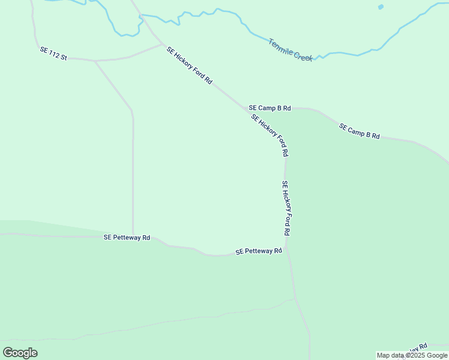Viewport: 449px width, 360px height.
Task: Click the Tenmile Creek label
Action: [x=291, y=50]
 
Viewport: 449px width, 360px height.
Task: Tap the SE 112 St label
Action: [x=53, y=53]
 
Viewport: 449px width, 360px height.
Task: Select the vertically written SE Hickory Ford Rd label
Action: [x=286, y=208]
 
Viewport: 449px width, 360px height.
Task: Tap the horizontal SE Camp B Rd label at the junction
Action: [x=270, y=108]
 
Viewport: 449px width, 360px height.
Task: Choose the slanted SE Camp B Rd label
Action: [x=360, y=131]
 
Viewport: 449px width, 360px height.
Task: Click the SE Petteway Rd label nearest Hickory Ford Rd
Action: [x=259, y=251]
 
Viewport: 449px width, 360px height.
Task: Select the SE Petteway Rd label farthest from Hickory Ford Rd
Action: [x=127, y=238]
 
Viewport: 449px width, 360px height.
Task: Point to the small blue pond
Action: [x=381, y=7]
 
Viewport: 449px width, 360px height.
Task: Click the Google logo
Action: [x=20, y=353]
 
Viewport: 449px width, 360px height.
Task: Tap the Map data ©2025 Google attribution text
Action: [x=412, y=355]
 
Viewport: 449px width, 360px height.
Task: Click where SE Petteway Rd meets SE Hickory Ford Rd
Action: [x=286, y=246]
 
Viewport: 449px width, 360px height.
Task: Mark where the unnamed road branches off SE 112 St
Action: [x=95, y=61]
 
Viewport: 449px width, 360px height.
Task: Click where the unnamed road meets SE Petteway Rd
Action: [x=133, y=236]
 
